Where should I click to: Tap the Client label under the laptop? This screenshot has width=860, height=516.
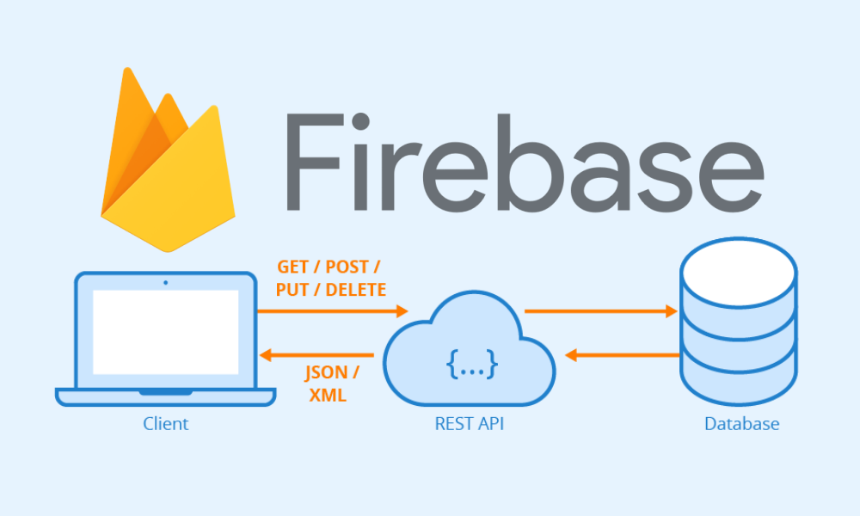pos(165,423)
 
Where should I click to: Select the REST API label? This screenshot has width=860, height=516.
pos(469,423)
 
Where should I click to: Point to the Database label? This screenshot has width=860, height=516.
pos(741,423)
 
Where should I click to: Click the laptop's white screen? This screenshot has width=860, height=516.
pos(165,332)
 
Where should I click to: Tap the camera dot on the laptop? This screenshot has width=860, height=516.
pos(165,282)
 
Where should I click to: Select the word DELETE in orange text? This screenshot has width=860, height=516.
pos(355,290)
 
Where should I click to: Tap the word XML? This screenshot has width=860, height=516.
pos(326,396)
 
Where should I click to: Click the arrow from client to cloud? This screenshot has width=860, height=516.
pos(332,311)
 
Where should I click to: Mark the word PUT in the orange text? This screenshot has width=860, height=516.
pos(292,290)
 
